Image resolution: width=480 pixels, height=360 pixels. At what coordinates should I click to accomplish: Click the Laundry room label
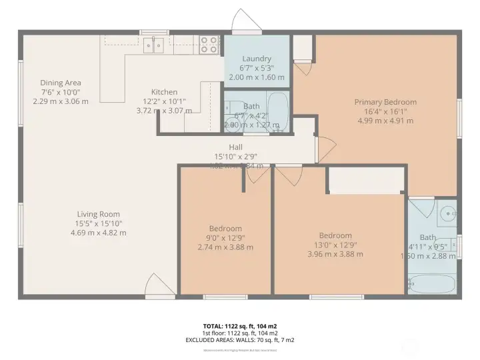pyautogui.click(x=257, y=59)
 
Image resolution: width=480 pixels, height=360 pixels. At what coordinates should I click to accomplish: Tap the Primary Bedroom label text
pyautogui.click(x=385, y=102)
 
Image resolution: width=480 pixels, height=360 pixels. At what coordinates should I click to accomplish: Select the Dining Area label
pyautogui.click(x=60, y=83)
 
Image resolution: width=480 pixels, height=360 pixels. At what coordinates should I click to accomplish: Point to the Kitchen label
pyautogui.click(x=164, y=92)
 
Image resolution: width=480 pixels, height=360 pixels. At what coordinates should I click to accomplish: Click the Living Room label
pyautogui.click(x=98, y=214)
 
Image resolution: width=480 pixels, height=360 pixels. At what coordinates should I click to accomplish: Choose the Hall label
pyautogui.click(x=235, y=147)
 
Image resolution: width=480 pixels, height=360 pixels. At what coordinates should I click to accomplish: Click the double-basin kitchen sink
pyautogui.click(x=154, y=45)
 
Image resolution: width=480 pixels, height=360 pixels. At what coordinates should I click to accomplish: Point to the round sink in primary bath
pyautogui.click(x=447, y=213)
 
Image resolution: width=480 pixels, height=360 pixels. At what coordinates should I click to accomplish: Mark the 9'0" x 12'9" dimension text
pyautogui.click(x=225, y=238)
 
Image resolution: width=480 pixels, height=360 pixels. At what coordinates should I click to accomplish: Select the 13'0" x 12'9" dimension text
pyautogui.click(x=335, y=245)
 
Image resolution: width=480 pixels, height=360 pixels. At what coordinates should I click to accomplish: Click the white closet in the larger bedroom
pyautogui.click(x=367, y=180)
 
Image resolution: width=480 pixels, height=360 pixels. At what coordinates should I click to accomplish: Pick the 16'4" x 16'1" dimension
pyautogui.click(x=385, y=111)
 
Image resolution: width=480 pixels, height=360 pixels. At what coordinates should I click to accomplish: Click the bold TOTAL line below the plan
pyautogui.click(x=241, y=326)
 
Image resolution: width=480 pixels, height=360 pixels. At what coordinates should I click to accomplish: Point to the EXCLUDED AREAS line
pyautogui.click(x=241, y=339)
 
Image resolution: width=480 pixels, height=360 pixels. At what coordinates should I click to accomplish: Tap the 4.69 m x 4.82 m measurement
pyautogui.click(x=98, y=233)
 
